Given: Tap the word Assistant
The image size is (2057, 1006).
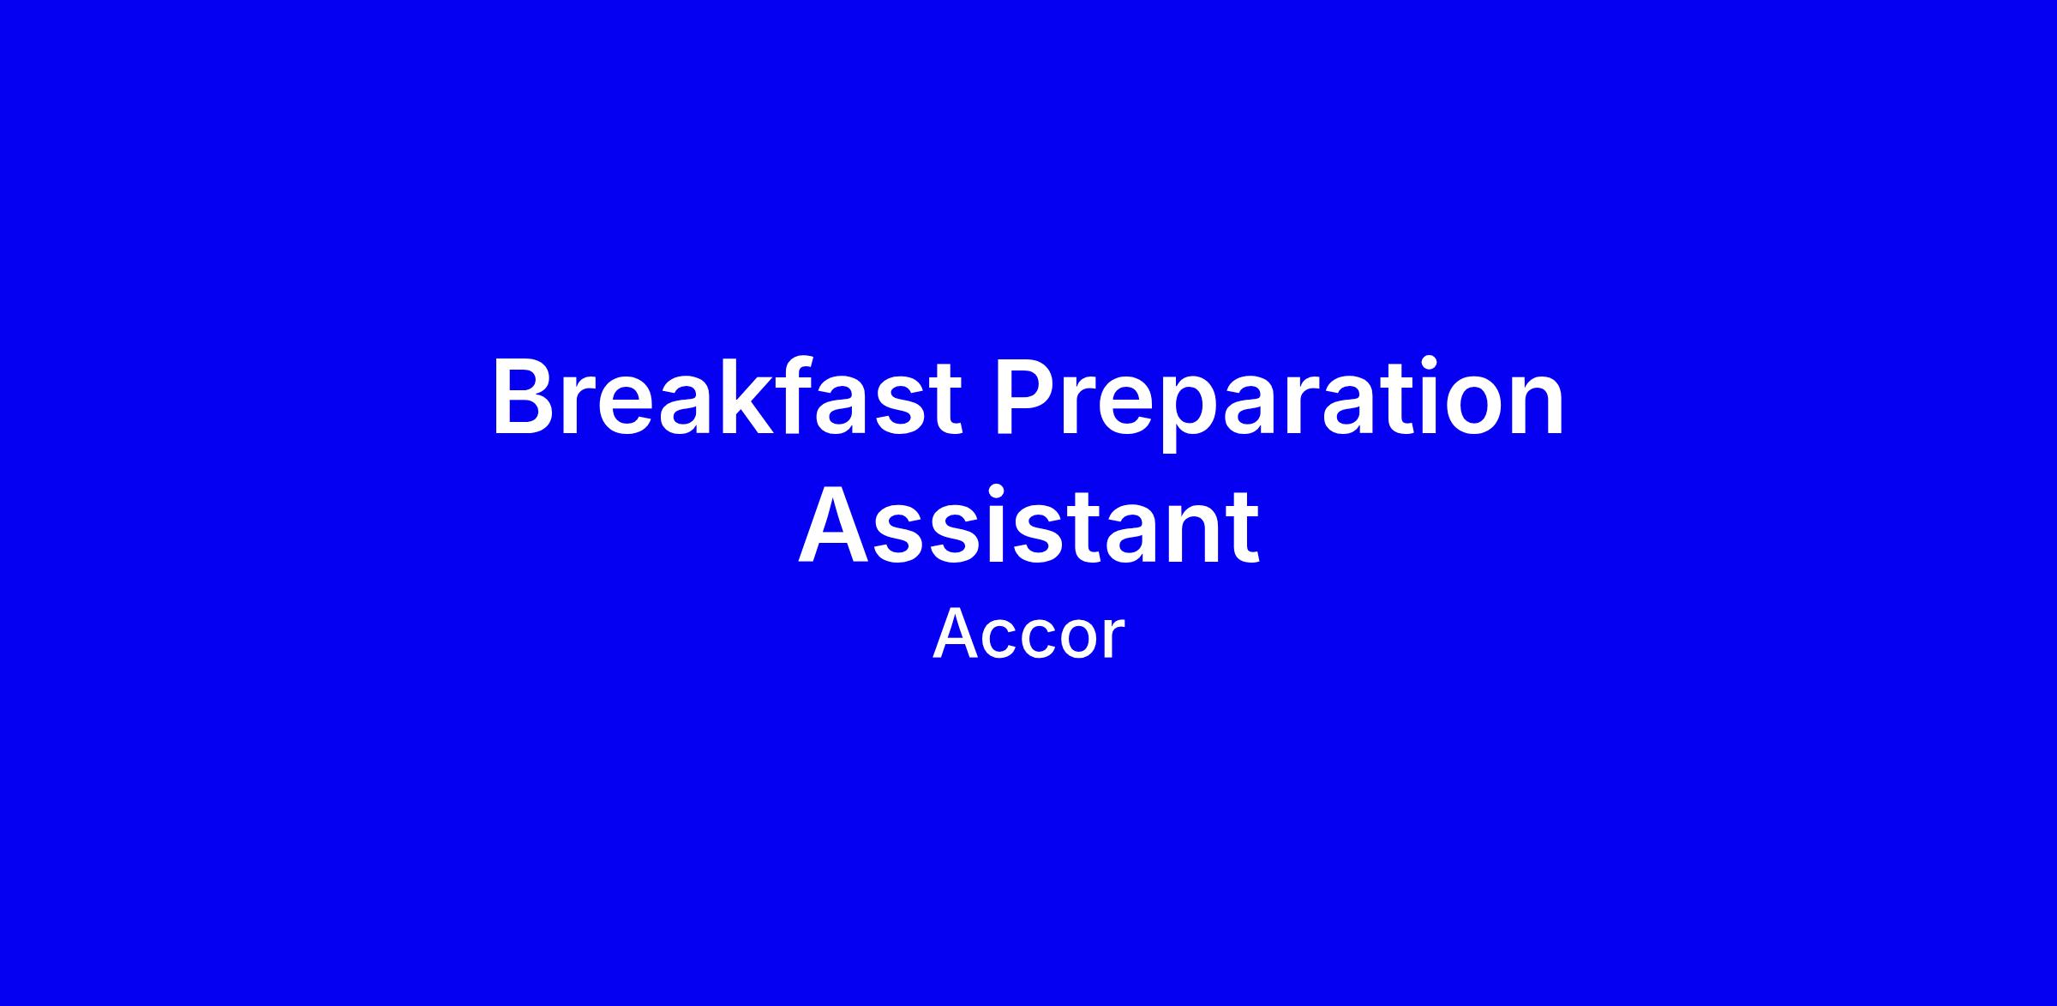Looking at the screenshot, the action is click(1028, 525).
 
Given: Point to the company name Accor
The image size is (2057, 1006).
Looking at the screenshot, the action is click(1028, 636).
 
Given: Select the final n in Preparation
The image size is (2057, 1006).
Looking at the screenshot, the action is click(1536, 409).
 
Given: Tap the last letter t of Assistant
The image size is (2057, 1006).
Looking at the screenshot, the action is click(1241, 528).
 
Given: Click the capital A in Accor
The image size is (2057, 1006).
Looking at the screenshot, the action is click(955, 636).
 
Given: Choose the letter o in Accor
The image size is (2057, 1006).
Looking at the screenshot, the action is click(1077, 642).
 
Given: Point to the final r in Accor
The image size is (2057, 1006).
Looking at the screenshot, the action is click(1114, 642).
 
